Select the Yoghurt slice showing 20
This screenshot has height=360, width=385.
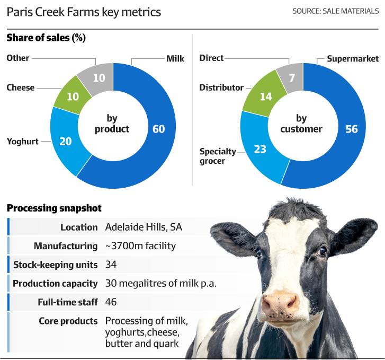[65, 142]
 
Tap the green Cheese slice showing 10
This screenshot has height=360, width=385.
[73, 96]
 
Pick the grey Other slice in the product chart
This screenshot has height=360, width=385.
[99, 78]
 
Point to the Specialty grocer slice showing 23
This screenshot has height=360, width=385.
[260, 149]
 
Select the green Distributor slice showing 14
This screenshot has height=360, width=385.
[266, 96]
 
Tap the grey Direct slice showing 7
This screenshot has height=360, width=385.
[292, 78]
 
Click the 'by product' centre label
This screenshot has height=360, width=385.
[112, 124]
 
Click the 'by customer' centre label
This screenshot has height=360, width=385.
[301, 124]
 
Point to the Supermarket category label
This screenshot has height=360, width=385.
[353, 58]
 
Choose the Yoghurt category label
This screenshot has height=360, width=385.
[23, 142]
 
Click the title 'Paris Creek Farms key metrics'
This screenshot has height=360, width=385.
[84, 12]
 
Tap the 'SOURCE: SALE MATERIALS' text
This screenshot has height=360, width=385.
[335, 11]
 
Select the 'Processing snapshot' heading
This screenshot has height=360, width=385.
[54, 208]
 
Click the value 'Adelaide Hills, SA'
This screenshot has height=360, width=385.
[144, 227]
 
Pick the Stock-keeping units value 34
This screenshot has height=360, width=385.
[111, 265]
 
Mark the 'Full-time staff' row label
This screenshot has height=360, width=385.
[68, 302]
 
